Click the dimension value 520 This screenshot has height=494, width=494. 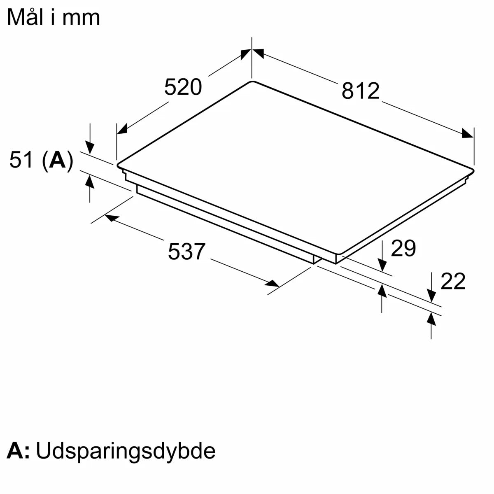(183, 87)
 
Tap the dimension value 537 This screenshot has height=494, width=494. (186, 252)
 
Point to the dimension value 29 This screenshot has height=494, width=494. (403, 248)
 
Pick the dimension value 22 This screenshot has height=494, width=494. (453, 282)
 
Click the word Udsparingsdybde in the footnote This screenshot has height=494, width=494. (126, 451)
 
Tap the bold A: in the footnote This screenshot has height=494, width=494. (19, 451)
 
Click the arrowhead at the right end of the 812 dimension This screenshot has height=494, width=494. (468, 133)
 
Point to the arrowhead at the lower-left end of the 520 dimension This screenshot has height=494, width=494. (122, 129)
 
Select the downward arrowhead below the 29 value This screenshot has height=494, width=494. (382, 264)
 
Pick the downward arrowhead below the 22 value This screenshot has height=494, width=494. (431, 295)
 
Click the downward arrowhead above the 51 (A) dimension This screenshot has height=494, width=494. (90, 147)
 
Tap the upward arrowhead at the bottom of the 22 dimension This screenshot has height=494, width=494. (431, 319)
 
